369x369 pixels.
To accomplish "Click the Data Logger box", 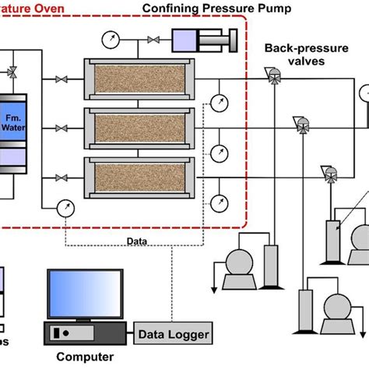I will [x=174, y=335].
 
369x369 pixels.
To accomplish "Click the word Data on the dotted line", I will [x=138, y=241].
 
